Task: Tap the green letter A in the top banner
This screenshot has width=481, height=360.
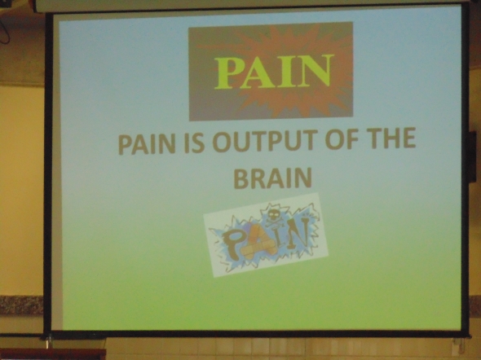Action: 260,71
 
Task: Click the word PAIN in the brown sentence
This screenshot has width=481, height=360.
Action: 146,145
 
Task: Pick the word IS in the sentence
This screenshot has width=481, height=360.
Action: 194,144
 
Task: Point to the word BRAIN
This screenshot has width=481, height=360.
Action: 272,178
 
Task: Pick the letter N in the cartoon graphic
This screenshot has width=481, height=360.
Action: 298,232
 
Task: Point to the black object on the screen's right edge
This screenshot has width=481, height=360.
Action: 472,157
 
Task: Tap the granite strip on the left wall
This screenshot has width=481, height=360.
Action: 21,305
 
